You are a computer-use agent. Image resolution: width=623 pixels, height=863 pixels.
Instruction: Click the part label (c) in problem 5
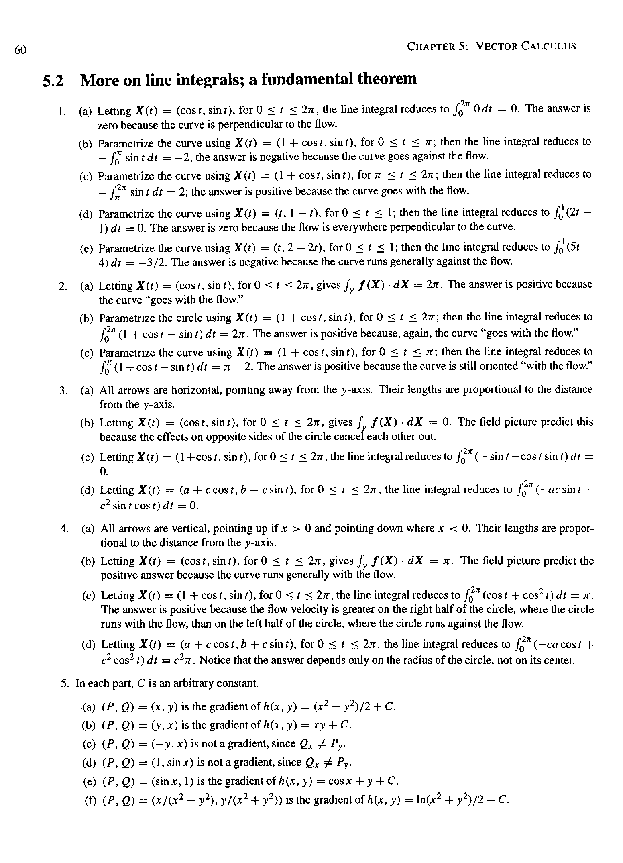(x=88, y=744)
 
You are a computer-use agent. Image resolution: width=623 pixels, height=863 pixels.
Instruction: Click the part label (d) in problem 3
(x=88, y=490)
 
